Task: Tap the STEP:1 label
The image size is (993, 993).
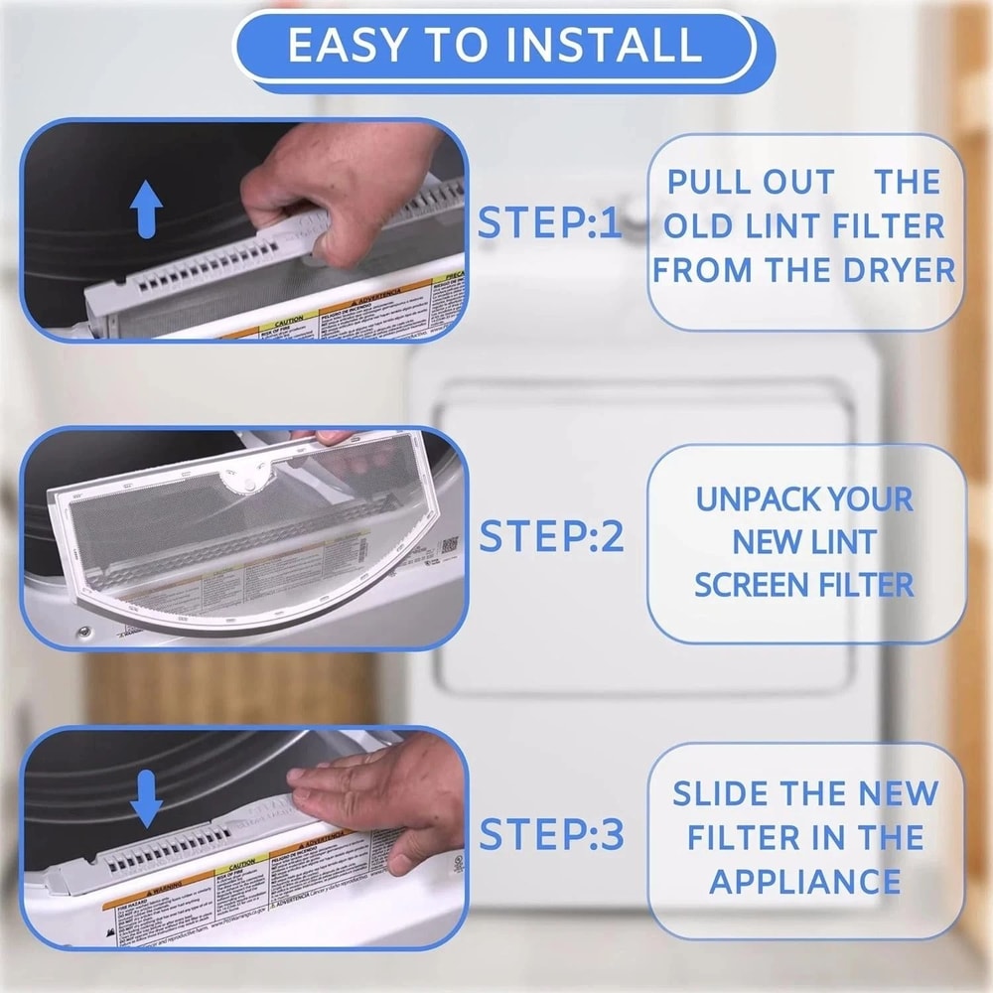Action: click(549, 223)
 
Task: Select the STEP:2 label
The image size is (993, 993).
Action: click(552, 536)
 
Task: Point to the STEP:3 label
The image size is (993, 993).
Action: click(552, 835)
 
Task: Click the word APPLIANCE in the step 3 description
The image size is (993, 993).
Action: click(805, 881)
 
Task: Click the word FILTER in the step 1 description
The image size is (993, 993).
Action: click(886, 226)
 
